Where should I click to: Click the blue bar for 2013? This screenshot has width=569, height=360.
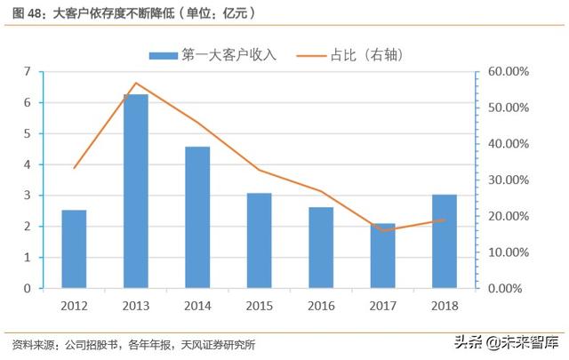[x=136, y=191]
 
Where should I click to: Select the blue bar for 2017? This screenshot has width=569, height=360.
[x=383, y=256]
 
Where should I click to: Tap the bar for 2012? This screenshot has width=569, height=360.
[x=74, y=249]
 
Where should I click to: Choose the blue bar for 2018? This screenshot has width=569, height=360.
[x=445, y=241]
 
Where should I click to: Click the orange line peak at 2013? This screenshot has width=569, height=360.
[x=136, y=83]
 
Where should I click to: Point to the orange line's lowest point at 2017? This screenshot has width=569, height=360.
[x=383, y=230]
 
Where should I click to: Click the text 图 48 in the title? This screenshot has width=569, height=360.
[x=24, y=13]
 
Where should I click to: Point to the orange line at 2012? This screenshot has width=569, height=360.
[x=74, y=168]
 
